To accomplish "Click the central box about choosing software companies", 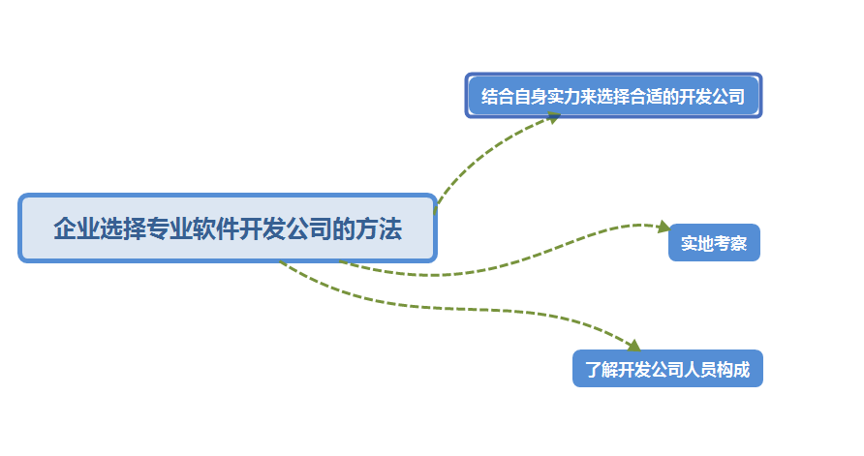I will [228, 228].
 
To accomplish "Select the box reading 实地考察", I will [714, 243].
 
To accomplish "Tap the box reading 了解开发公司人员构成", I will [667, 369].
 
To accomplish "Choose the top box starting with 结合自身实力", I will [613, 96].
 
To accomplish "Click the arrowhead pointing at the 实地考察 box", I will [663, 227].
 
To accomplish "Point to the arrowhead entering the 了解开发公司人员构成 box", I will [633, 346].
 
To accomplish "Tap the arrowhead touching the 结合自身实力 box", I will [554, 117].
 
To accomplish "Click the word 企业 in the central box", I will [76, 229].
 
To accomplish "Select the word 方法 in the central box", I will [378, 229].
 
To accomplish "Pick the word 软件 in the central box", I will [215, 229].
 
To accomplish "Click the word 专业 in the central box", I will [169, 229].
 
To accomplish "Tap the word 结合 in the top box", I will [496, 97].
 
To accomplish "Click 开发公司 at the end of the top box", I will [712, 97].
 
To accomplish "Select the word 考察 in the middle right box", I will [730, 243].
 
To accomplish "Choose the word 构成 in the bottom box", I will [733, 369].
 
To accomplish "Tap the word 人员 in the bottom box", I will [700, 369].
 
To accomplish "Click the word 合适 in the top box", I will [646, 97].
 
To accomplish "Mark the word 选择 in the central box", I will [122, 229].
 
